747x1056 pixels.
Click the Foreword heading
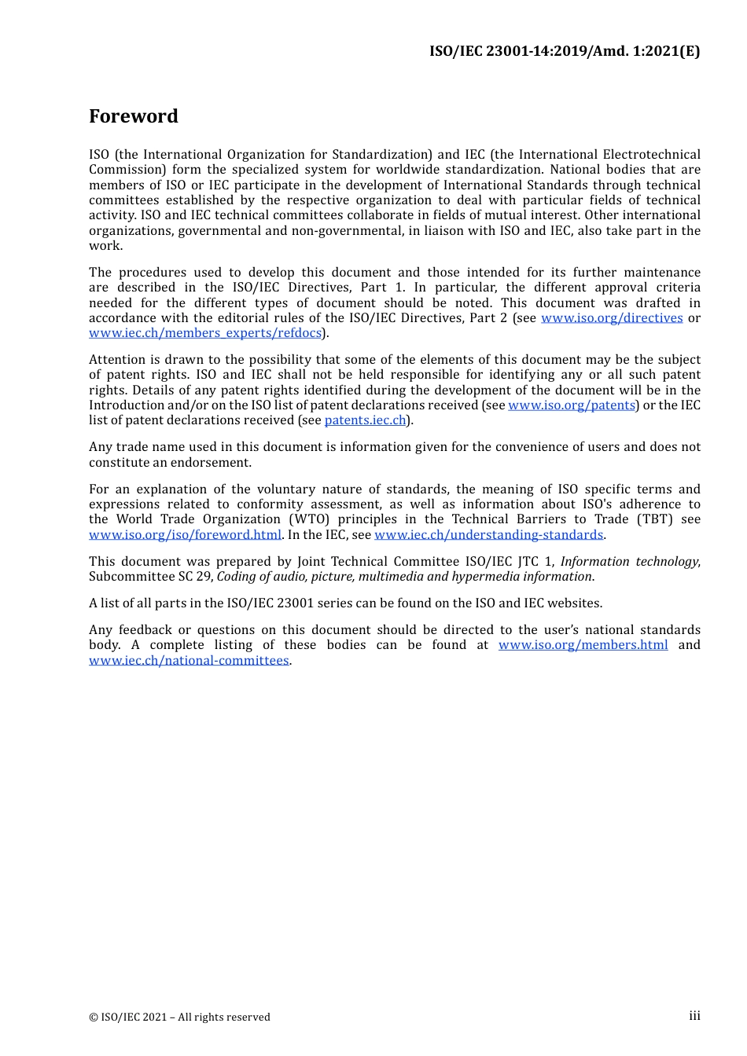tap(134, 116)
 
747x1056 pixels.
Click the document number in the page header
tap(564, 51)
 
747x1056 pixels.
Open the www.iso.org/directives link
tap(612, 318)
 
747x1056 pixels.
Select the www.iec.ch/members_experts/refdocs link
tap(205, 333)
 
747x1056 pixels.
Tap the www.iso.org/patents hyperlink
tap(572, 405)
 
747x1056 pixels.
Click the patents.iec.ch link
tap(366, 420)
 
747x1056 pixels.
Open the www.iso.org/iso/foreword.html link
tap(185, 535)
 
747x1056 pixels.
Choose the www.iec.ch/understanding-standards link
tap(488, 535)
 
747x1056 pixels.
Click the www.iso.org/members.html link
tap(583, 645)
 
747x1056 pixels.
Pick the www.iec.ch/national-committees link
tap(189, 661)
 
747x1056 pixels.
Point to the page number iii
tap(694, 1016)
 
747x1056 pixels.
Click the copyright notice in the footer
tap(179, 1017)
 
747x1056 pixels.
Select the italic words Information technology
tap(629, 562)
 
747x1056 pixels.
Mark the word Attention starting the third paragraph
tap(117, 360)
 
